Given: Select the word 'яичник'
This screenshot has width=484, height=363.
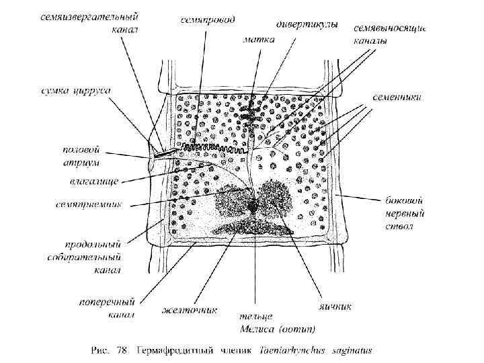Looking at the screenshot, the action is pos(334,307).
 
